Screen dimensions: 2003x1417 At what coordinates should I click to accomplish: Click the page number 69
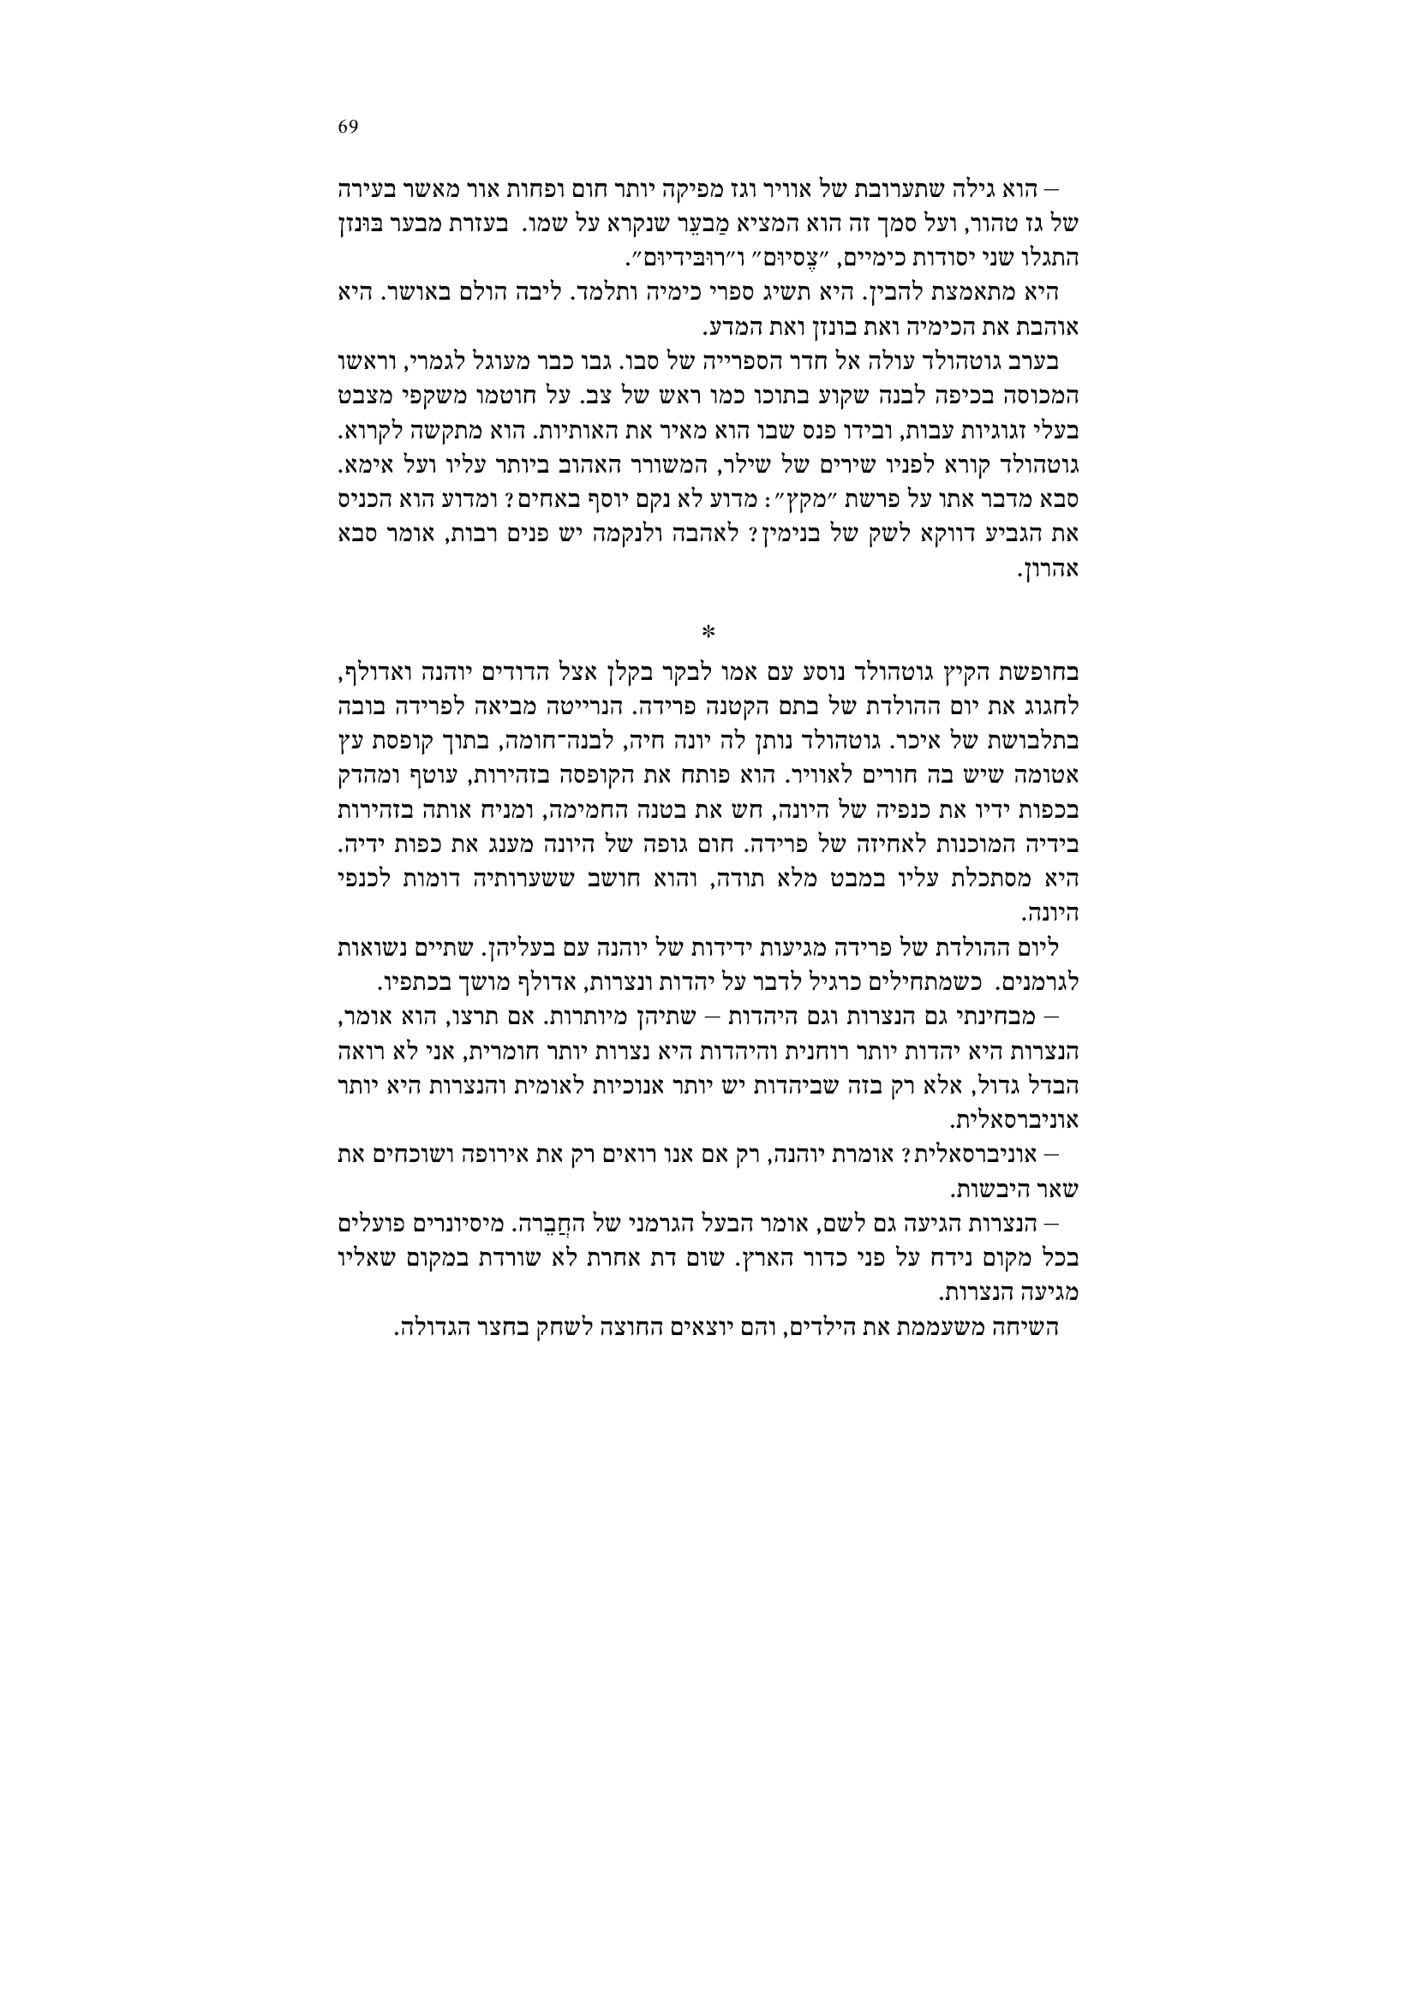click(347, 127)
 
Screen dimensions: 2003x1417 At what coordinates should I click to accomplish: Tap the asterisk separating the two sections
click(708, 630)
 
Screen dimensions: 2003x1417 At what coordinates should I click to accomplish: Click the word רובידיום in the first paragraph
click(660, 259)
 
